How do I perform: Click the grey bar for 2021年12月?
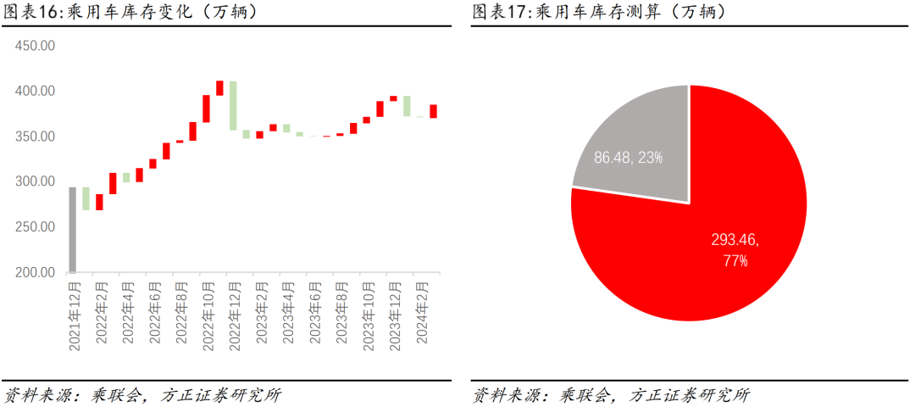(x=73, y=230)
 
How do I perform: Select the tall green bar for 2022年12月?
(x=233, y=105)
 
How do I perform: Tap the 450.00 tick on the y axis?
(x=35, y=46)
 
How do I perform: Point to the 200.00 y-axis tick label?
(x=35, y=273)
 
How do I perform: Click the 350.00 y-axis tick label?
(x=35, y=137)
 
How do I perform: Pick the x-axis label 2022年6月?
(x=153, y=313)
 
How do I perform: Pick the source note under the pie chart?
(x=610, y=394)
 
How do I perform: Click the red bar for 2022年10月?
(x=206, y=109)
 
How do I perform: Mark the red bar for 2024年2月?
(x=433, y=111)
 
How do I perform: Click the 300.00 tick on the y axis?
(x=35, y=182)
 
